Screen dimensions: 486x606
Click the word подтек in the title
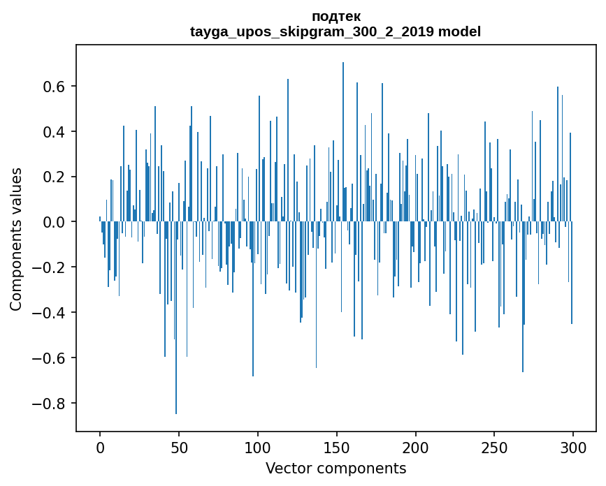coord(336,16)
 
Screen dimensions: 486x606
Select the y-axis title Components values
coord(16,240)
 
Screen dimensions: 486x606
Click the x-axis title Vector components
coord(336,468)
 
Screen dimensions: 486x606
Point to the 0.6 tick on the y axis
coord(55,87)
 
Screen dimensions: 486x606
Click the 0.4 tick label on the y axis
coord(55,132)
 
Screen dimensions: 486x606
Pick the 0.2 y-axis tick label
coord(55,177)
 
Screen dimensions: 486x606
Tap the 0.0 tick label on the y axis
coord(55,222)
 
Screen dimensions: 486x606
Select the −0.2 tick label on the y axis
coord(51,267)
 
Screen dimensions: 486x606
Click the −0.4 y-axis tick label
coord(51,312)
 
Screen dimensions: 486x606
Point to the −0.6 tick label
coord(51,358)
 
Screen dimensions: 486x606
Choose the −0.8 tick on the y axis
coord(51,403)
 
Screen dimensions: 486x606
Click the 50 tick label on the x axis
coord(179,447)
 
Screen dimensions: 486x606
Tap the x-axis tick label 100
coord(258,447)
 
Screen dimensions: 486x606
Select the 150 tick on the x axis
coord(337,447)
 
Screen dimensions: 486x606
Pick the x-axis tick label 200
coord(416,447)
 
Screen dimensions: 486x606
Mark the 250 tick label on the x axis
coord(494,447)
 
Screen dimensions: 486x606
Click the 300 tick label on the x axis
coord(573,447)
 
